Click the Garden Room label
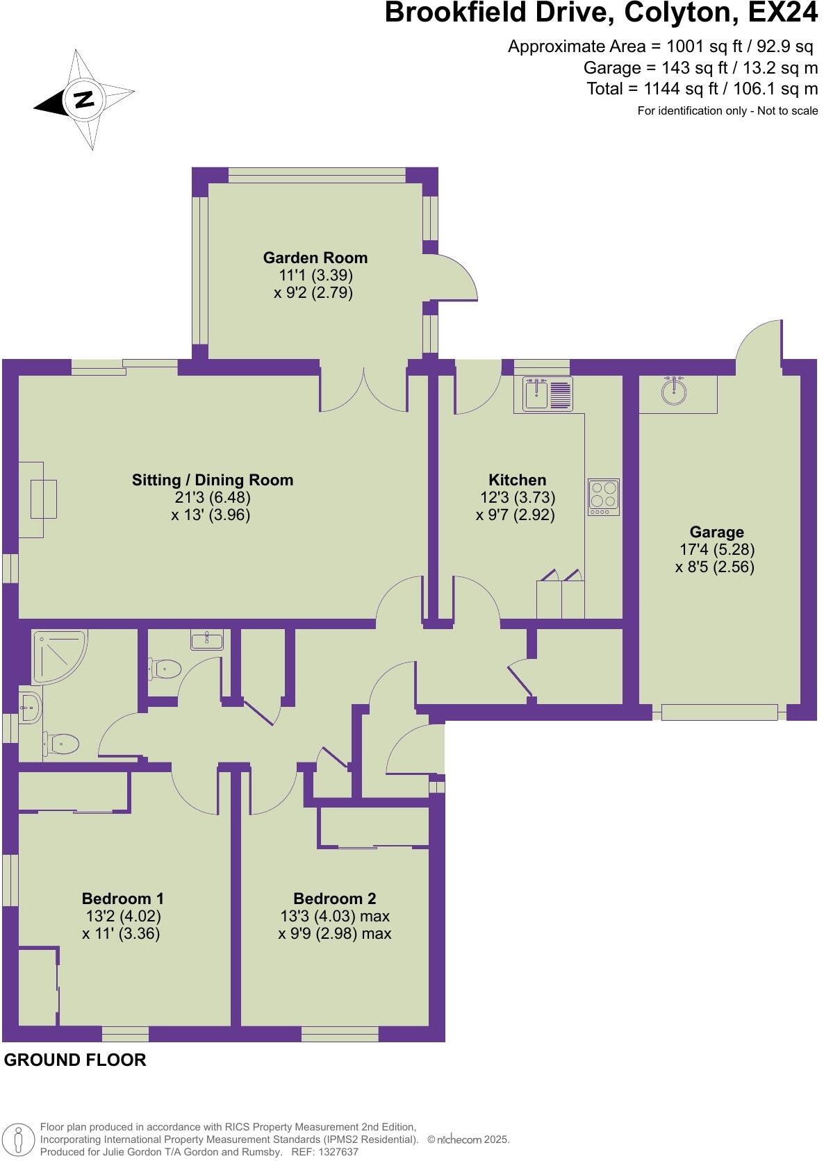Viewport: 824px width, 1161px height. [x=315, y=258]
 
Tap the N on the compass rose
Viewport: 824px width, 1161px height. [x=83, y=99]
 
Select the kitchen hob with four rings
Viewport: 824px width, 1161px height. [x=602, y=496]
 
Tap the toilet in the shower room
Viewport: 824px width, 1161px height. [x=62, y=744]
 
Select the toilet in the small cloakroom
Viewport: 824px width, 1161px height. [x=165, y=669]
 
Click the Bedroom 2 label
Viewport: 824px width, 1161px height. [x=334, y=899]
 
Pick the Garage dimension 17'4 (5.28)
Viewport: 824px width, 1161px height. [x=716, y=549]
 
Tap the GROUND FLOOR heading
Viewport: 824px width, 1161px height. [x=75, y=1060]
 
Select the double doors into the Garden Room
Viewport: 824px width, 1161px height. [x=363, y=389]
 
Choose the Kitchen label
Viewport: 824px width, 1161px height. [x=517, y=480]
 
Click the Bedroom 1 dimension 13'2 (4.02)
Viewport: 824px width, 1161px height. [x=122, y=916]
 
